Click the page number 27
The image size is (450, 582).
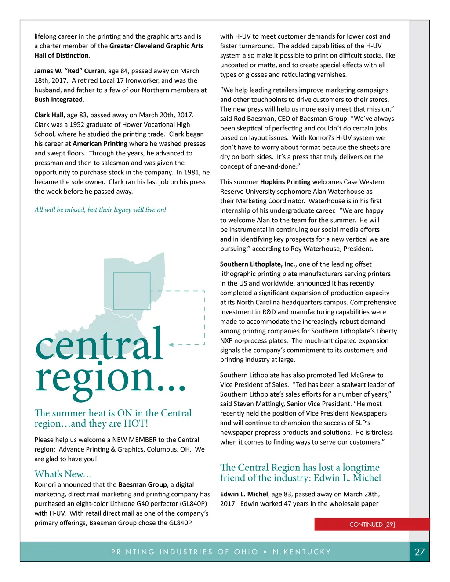[x=420, y=552]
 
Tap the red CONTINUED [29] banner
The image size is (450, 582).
[x=372, y=524]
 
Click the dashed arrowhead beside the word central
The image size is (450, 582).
[x=171, y=345]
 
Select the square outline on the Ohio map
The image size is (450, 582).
[x=132, y=291]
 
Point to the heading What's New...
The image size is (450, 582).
[x=63, y=474]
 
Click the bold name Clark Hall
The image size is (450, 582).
[x=49, y=115]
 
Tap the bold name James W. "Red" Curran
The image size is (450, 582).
[x=69, y=71]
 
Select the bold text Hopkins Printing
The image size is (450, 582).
[x=285, y=182]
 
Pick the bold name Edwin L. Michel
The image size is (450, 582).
[x=244, y=494]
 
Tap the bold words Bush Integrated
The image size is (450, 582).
[x=58, y=100]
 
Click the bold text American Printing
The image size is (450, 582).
[x=100, y=144]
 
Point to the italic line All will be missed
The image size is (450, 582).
[x=100, y=210]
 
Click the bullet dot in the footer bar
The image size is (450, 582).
[x=265, y=552]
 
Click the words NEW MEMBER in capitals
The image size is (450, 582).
[x=134, y=440]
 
